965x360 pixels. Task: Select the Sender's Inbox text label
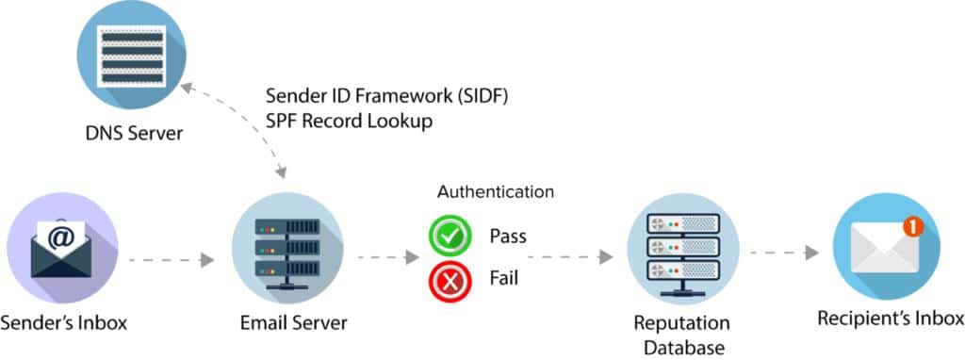(64, 323)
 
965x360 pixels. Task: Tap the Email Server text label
(293, 323)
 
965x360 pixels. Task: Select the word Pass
(507, 236)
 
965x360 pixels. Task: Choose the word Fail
(503, 279)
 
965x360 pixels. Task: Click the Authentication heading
(495, 192)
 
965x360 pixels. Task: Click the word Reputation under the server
(683, 323)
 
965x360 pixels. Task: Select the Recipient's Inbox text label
(891, 318)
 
